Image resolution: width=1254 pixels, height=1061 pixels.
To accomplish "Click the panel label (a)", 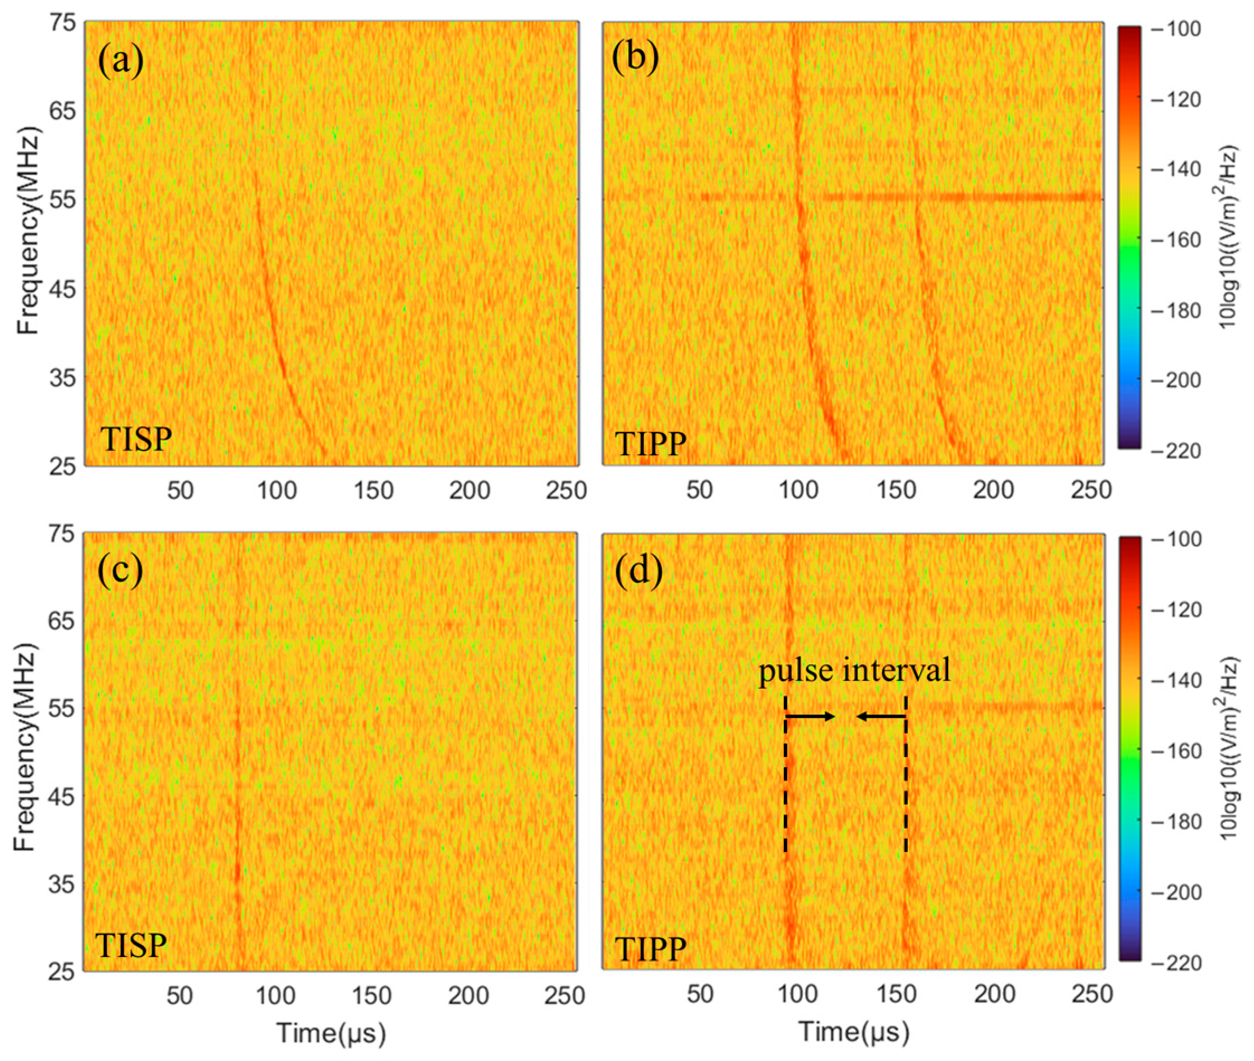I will (121, 60).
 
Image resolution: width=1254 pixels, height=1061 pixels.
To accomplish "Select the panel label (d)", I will (638, 569).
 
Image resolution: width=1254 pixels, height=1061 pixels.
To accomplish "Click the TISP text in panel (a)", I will (136, 440).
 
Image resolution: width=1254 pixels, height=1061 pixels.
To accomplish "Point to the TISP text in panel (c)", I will (131, 945).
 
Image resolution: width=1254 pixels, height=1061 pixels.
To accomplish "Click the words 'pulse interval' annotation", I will (854, 669).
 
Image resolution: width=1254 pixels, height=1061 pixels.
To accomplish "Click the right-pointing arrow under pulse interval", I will (811, 716).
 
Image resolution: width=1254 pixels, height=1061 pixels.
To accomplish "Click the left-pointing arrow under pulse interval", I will (881, 716).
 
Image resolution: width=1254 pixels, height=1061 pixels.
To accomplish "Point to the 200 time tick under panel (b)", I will (993, 490).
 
